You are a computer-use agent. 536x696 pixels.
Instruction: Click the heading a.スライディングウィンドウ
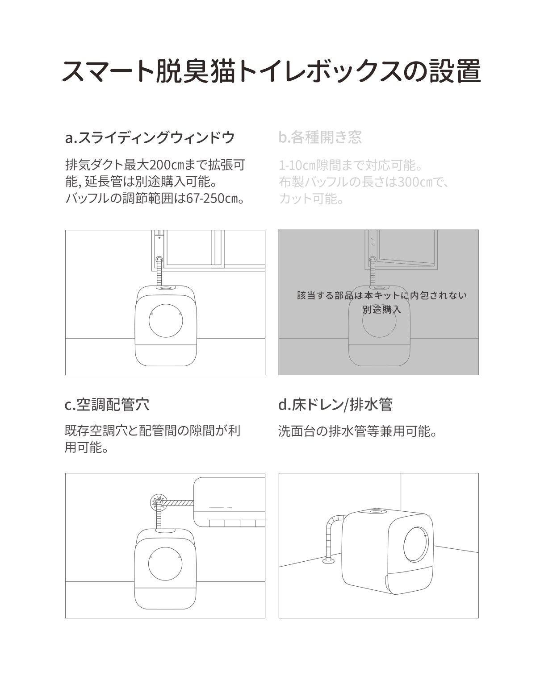[150, 137]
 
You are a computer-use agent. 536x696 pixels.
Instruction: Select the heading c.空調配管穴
[107, 405]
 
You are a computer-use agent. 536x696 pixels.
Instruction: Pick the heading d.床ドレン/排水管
[335, 405]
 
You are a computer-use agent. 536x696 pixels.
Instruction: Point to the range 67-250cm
[212, 198]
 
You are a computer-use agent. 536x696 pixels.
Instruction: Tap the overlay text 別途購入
[382, 309]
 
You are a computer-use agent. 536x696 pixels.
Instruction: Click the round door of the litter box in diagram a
[166, 320]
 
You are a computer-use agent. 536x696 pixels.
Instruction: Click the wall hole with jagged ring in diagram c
[158, 502]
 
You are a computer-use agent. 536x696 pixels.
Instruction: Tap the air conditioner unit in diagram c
[229, 502]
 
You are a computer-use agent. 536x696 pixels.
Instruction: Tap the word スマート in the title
[108, 71]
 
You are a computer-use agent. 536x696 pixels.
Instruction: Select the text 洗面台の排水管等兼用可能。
[357, 431]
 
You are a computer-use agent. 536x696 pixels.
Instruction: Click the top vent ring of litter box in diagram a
[165, 288]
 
